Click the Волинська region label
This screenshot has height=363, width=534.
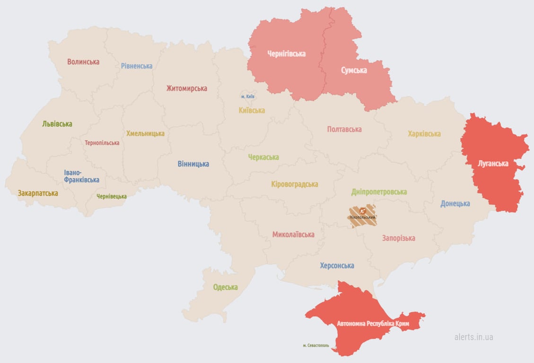tap(83, 62)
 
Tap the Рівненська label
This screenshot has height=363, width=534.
tap(137, 66)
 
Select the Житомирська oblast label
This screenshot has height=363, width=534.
tap(186, 88)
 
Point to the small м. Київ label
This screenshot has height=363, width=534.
tap(248, 96)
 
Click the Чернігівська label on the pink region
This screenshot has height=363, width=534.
tap(286, 54)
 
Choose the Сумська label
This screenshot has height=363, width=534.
tap(354, 70)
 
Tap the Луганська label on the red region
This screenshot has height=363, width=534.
tap(493, 164)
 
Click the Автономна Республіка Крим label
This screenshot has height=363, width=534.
tap(373, 324)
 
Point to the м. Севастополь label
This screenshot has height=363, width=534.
tap(316, 346)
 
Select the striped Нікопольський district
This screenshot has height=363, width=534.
tap(363, 216)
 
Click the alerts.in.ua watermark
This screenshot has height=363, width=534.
tap(473, 337)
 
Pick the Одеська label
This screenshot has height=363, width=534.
tap(225, 287)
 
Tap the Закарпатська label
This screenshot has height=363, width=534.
tap(38, 193)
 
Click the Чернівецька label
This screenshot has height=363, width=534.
tap(112, 196)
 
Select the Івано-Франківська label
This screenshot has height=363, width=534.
tap(82, 176)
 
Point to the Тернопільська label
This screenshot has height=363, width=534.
tap(102, 143)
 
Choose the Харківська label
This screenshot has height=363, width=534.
tap(424, 134)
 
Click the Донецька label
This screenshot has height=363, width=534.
tap(455, 204)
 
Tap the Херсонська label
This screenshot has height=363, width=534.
tap(337, 266)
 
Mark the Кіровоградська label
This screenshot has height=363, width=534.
tap(295, 184)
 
